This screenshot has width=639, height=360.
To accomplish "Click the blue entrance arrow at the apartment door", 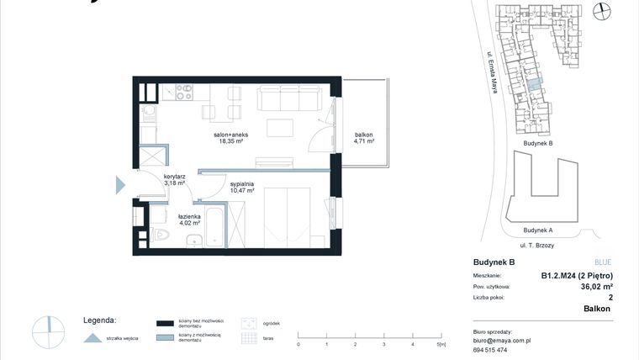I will (x=119, y=184).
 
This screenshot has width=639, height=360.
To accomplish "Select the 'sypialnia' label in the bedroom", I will (x=241, y=187).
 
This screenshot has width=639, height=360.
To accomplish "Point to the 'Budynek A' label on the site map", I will (x=538, y=230).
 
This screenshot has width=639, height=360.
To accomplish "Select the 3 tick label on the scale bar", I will (x=383, y=345).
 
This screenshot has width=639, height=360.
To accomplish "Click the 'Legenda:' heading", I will (x=99, y=320).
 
